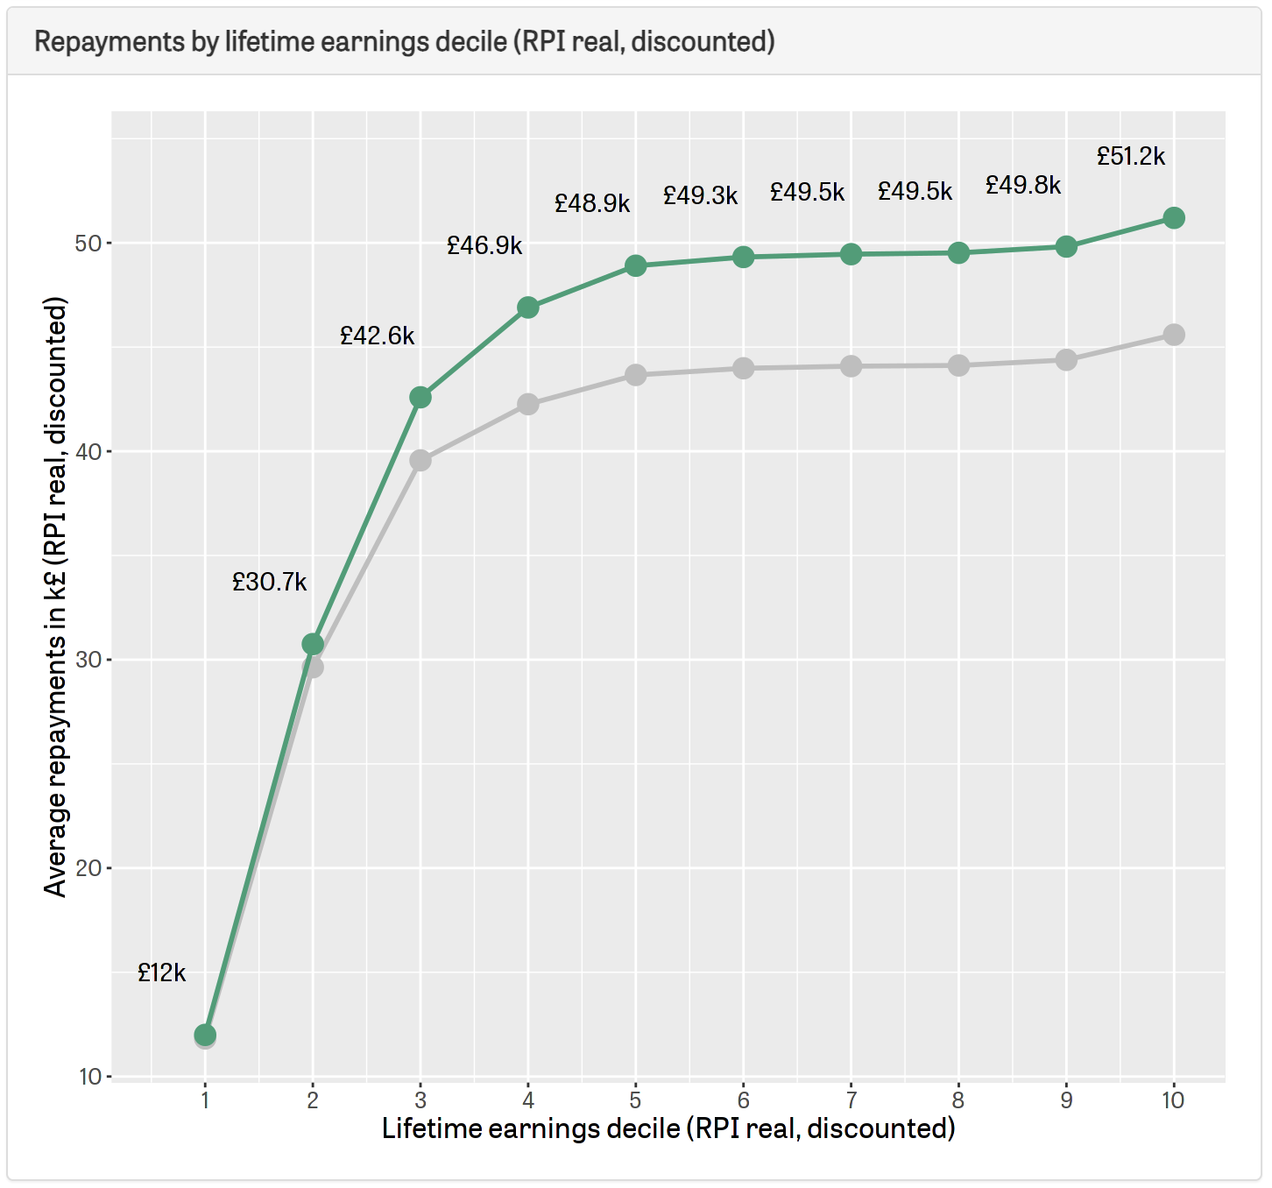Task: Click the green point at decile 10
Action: click(1174, 218)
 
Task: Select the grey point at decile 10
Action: click(1174, 335)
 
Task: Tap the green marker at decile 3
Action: click(420, 398)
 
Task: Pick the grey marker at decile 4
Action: click(528, 404)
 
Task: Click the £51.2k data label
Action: click(1131, 157)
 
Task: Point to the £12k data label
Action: click(162, 973)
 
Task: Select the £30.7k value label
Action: click(270, 583)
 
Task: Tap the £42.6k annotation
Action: click(378, 336)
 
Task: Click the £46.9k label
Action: click(484, 246)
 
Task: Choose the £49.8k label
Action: click(1023, 186)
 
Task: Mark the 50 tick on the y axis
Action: click(88, 244)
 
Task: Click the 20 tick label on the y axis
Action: click(88, 868)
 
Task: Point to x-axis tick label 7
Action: click(851, 1100)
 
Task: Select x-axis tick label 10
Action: click(1173, 1100)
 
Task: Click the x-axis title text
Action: click(668, 1128)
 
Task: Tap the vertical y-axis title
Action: click(56, 597)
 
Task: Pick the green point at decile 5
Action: click(636, 265)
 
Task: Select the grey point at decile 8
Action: click(958, 365)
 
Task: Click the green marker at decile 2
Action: click(313, 645)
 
